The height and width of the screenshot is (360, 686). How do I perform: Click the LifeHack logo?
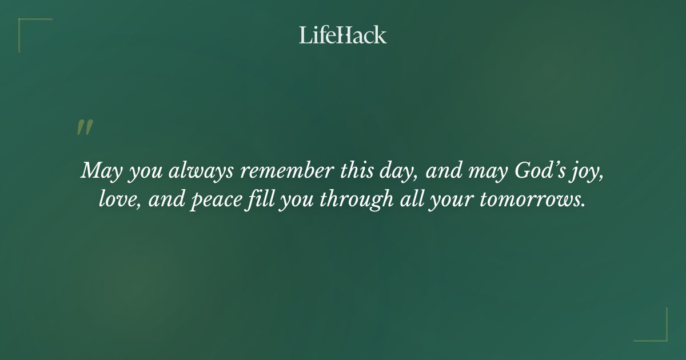[343, 35]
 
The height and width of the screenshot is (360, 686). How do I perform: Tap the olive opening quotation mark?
[85, 127]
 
